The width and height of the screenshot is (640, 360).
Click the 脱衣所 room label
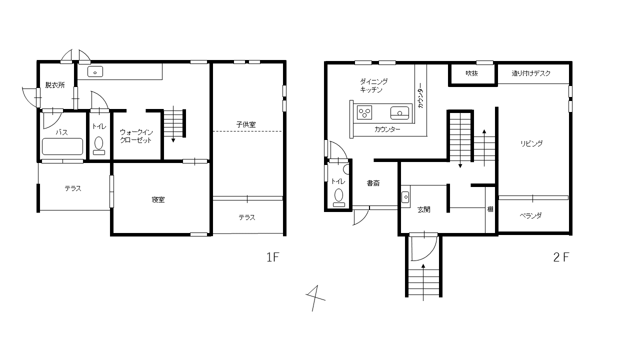point(55,85)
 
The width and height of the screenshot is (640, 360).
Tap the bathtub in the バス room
point(62,146)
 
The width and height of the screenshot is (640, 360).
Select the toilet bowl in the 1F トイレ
point(99,143)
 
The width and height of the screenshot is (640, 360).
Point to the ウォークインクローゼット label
point(136,136)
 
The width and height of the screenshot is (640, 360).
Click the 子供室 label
point(246,124)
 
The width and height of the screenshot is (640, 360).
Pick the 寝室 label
point(158,199)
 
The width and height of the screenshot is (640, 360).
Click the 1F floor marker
point(272,257)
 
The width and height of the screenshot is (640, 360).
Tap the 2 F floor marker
point(561,257)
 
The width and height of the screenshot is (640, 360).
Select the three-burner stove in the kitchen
point(364,112)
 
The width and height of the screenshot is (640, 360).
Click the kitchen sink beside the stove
point(399,112)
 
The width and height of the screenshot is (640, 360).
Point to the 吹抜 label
point(471,73)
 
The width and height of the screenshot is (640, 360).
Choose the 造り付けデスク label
point(531,73)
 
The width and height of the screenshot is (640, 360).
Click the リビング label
point(531,143)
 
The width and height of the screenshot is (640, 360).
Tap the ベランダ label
point(530,215)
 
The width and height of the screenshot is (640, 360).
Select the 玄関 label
point(423,209)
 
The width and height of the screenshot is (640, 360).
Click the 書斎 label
point(373,183)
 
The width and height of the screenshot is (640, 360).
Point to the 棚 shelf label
point(490,209)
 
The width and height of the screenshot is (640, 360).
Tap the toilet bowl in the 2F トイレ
point(339,195)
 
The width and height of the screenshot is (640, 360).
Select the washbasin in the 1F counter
point(95,71)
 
